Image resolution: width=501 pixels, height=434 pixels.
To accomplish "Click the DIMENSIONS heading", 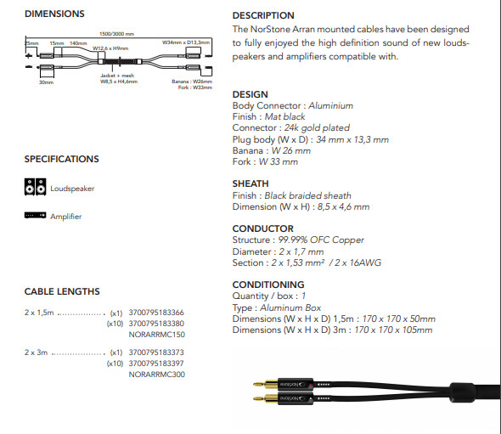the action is click(x=54, y=14).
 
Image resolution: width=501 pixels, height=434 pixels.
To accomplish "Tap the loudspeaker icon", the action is click(x=36, y=187).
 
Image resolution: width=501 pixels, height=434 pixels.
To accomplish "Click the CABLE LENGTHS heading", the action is click(x=63, y=292).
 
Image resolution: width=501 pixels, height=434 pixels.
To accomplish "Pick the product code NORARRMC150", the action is click(x=155, y=335).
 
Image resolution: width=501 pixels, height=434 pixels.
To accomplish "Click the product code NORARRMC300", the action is click(x=155, y=375).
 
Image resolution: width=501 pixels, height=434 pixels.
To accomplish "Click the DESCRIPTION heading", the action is click(x=263, y=15).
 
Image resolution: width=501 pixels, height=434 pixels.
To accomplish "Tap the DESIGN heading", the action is click(x=250, y=94).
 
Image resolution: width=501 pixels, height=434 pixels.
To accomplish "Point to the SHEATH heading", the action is click(x=250, y=183).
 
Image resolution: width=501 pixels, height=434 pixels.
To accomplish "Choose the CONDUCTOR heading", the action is click(x=263, y=228).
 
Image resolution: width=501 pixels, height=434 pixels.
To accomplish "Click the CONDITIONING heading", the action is click(x=268, y=285).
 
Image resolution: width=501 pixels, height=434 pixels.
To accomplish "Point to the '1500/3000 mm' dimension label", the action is click(x=116, y=33).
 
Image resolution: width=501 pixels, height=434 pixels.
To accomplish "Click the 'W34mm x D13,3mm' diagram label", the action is click(x=185, y=41).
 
